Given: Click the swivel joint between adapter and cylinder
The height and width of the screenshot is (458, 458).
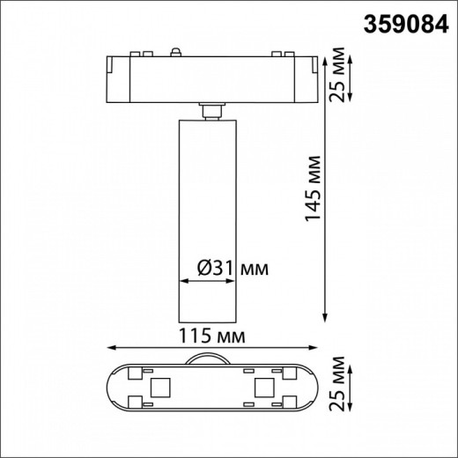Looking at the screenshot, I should pyautogui.click(x=209, y=108).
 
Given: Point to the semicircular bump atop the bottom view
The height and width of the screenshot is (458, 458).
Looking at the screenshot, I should pyautogui.click(x=209, y=358).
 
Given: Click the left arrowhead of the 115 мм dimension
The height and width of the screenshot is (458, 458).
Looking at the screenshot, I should pyautogui.click(x=110, y=347).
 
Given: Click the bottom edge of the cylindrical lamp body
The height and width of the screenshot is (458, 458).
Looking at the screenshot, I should pyautogui.click(x=209, y=321).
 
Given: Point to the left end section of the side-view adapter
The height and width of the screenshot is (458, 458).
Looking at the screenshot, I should pyautogui.click(x=118, y=77).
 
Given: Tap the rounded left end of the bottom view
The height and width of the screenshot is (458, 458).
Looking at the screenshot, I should pyautogui.click(x=111, y=387).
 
